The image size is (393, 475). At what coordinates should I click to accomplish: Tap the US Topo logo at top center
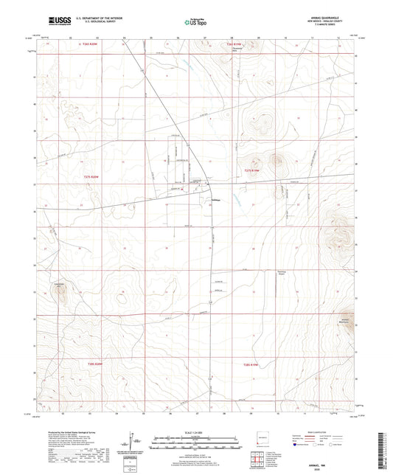[x=194, y=22]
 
